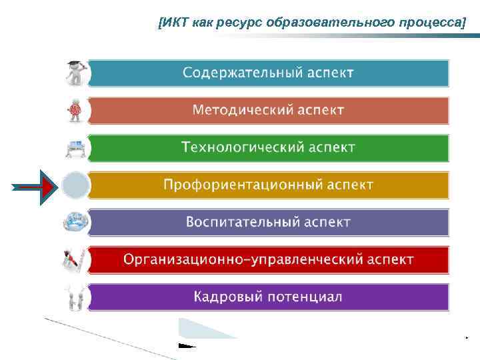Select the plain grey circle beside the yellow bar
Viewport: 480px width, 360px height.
[75, 185]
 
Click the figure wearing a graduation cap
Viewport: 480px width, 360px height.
[75, 73]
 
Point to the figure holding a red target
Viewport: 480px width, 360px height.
[75, 110]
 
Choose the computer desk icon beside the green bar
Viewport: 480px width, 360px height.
[75, 147]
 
